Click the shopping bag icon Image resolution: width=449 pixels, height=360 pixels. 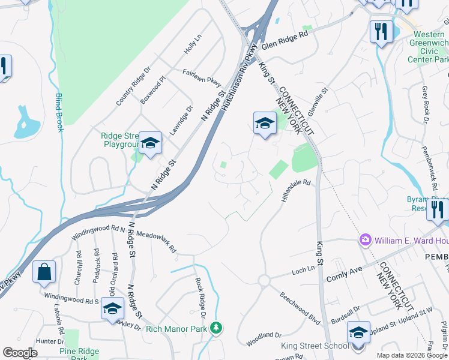(x=44, y=273)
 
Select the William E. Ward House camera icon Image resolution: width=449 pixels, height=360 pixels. (x=365, y=240)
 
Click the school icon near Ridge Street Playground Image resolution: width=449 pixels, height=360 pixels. (x=150, y=143)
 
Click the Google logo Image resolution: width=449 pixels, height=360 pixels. (x=20, y=353)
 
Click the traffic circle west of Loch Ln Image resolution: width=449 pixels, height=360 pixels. (x=264, y=281)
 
